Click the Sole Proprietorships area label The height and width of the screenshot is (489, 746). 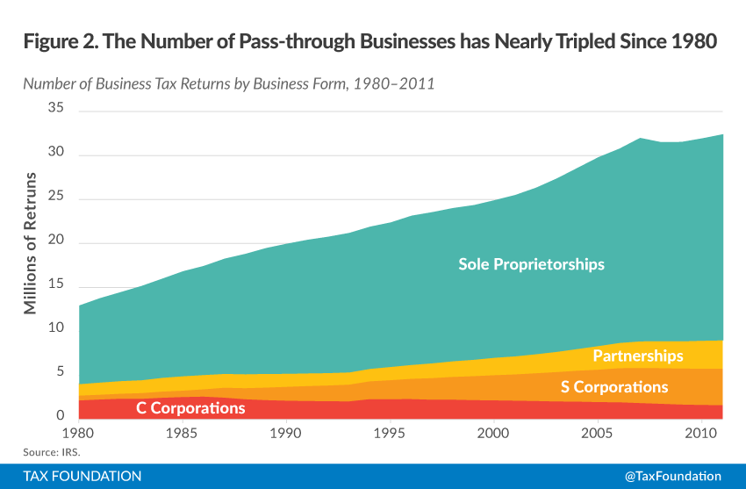pyautogui.click(x=531, y=264)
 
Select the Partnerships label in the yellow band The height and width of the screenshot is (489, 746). pyautogui.click(x=637, y=356)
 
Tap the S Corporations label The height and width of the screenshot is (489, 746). pyautogui.click(x=614, y=387)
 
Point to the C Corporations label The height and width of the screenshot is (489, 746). pyautogui.click(x=190, y=408)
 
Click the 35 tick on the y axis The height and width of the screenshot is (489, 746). pyautogui.click(x=56, y=109)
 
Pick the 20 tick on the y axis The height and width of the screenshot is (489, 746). pyautogui.click(x=56, y=241)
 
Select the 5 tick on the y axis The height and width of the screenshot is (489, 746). pyautogui.click(x=61, y=372)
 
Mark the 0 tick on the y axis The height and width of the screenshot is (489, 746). pyautogui.click(x=61, y=416)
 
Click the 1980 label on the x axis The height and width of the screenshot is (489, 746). pyautogui.click(x=78, y=434)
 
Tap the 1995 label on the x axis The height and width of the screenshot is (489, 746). pyautogui.click(x=390, y=434)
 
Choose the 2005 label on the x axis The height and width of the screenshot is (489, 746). pyautogui.click(x=597, y=434)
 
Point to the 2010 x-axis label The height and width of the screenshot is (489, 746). pyautogui.click(x=700, y=434)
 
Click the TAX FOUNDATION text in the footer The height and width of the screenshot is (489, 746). pyautogui.click(x=82, y=476)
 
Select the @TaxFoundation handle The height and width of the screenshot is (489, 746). pyautogui.click(x=673, y=476)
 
